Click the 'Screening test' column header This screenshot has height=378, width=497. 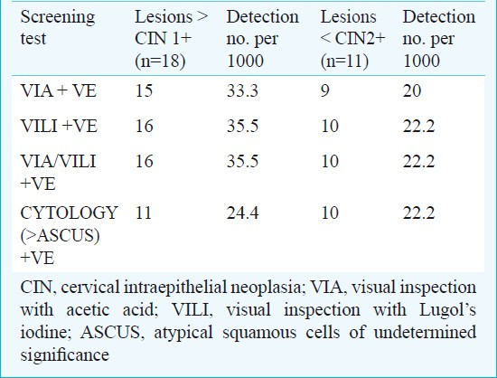click(57, 28)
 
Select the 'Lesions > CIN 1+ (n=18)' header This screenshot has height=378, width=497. click(171, 39)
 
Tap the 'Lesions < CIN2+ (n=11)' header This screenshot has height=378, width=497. click(352, 39)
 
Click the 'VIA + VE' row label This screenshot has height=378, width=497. click(59, 90)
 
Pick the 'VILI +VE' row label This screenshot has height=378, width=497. click(59, 126)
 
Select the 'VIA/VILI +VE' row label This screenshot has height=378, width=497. click(58, 172)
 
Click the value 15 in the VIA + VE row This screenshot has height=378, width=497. click(144, 90)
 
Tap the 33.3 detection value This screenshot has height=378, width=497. click(242, 90)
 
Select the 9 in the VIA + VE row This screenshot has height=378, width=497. click(325, 91)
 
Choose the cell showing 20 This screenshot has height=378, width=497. click(412, 90)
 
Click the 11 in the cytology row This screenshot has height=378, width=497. click(144, 213)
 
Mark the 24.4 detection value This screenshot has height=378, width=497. click(242, 213)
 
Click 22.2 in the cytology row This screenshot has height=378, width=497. click(418, 213)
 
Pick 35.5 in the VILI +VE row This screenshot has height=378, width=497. click(242, 126)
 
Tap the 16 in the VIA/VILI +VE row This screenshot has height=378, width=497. click(145, 161)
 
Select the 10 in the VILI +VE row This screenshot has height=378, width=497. click(330, 126)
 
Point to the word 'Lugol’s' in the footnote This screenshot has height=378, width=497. click(447, 310)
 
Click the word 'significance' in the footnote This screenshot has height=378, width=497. click(65, 355)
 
